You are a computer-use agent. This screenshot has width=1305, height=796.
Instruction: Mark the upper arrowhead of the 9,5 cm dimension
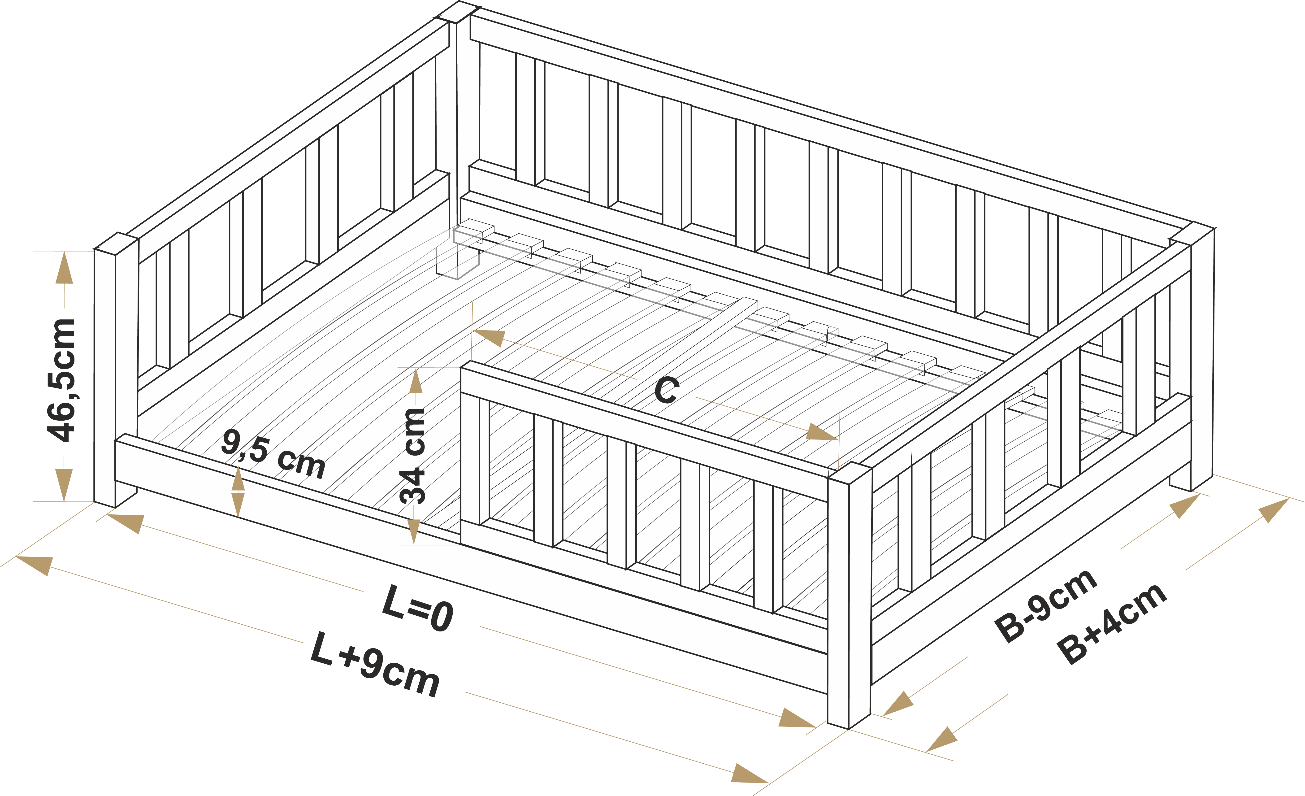238,479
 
